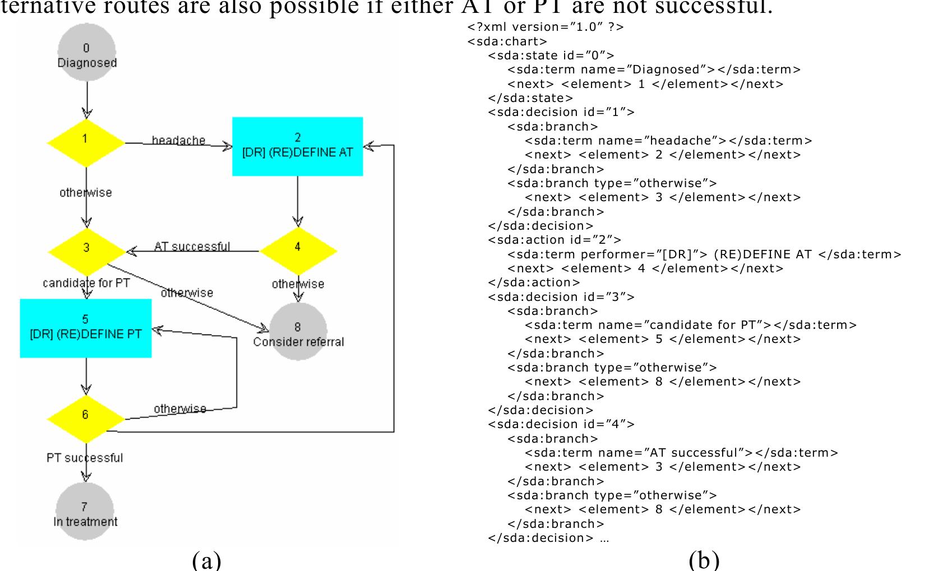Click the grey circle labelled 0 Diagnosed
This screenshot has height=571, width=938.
(86, 55)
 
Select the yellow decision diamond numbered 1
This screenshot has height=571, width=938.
(85, 142)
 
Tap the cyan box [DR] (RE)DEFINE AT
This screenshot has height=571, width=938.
(297, 146)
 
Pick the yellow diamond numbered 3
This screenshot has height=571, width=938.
(86, 250)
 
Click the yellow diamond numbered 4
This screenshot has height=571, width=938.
(298, 250)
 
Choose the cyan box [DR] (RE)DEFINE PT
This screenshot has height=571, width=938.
(85, 328)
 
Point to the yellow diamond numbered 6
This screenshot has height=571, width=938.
(85, 418)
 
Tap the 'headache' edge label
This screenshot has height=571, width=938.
(178, 140)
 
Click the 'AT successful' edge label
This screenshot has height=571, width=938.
(192, 246)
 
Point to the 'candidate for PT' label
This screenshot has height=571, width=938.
(86, 283)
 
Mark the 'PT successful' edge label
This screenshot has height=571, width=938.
(85, 458)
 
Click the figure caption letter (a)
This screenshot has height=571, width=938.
(206, 560)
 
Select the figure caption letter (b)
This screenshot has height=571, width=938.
(704, 560)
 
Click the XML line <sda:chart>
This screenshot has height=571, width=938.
(507, 41)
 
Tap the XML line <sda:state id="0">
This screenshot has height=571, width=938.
(551, 55)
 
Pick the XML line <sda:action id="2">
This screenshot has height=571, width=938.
(555, 240)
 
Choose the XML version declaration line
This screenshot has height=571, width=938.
(545, 26)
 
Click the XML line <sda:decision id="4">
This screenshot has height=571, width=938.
(561, 424)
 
